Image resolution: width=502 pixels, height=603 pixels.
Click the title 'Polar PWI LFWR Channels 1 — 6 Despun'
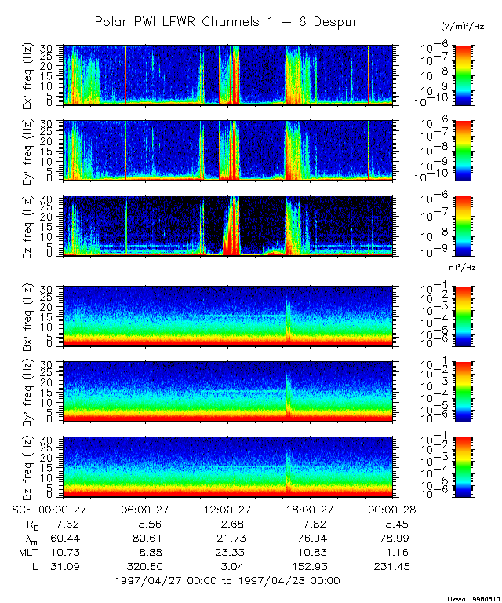(x=227, y=22)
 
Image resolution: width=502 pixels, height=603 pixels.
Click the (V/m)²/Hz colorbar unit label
(x=464, y=27)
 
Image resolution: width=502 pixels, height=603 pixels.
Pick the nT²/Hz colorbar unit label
(x=463, y=269)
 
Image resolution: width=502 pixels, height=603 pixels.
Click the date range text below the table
(x=227, y=580)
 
